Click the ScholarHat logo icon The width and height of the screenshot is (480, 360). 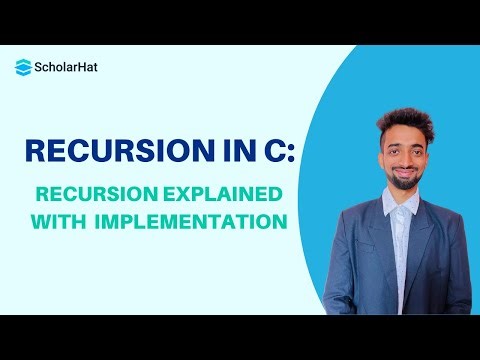point(23,67)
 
